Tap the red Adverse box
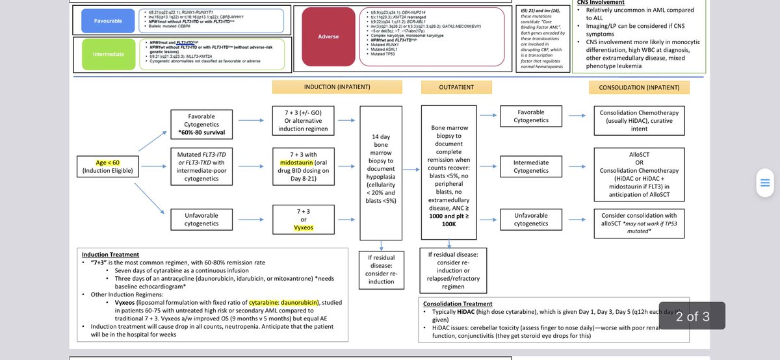click(x=328, y=36)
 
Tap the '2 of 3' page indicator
click(x=692, y=316)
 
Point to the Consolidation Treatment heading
click(x=457, y=303)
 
